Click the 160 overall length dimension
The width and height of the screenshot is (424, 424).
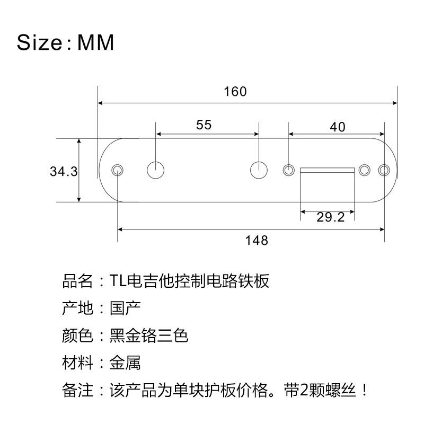pyautogui.click(x=235, y=92)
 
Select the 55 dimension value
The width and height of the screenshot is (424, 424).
pyautogui.click(x=204, y=125)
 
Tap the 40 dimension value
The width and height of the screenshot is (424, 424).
pyautogui.click(x=337, y=127)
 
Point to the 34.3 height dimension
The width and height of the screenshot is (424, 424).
pyautogui.click(x=64, y=172)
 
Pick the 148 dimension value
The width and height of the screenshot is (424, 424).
pyautogui.click(x=257, y=240)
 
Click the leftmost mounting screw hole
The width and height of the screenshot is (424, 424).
pyautogui.click(x=117, y=170)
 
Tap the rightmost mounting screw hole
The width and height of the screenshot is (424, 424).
pyautogui.click(x=384, y=170)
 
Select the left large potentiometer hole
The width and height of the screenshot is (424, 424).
pyautogui.click(x=155, y=170)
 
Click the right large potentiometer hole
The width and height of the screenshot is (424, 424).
pyautogui.click(x=259, y=170)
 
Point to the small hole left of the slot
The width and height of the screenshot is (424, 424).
pyautogui.click(x=288, y=170)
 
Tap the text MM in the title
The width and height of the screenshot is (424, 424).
pyautogui.click(x=96, y=43)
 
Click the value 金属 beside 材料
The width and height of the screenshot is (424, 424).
pyautogui.click(x=125, y=364)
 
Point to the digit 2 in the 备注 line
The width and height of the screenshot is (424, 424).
pyautogui.click(x=304, y=392)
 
